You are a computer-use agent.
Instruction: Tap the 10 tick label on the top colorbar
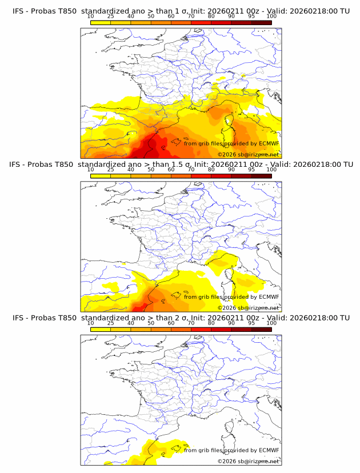(x=90, y=17)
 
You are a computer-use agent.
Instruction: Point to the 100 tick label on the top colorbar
(x=271, y=17)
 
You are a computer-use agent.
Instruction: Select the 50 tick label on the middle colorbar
(x=151, y=170)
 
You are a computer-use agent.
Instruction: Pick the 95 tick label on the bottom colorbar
(x=251, y=323)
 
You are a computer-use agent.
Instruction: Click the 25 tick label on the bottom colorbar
(x=110, y=323)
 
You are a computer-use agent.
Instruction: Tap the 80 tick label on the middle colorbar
(x=211, y=170)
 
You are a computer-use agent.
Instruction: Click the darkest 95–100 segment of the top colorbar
(x=262, y=22)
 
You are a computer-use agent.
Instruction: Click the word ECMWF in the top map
(x=269, y=143)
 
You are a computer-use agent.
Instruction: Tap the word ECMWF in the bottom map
(x=269, y=450)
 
